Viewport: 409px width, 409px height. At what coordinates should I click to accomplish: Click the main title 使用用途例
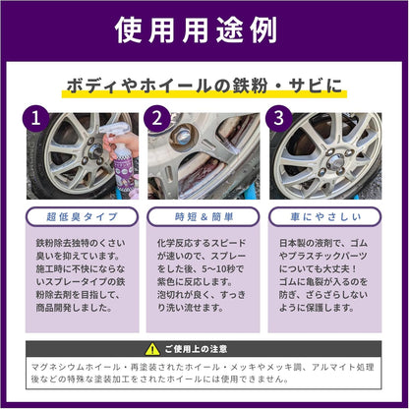[204, 30]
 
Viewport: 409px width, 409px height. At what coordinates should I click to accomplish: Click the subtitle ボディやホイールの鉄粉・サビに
[204, 87]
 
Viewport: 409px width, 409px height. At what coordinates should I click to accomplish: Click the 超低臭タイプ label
[82, 214]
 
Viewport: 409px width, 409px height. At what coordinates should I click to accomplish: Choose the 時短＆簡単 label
[204, 214]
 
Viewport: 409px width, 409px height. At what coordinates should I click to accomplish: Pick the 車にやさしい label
[325, 214]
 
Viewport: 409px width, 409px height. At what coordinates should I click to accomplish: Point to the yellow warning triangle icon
[151, 348]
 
